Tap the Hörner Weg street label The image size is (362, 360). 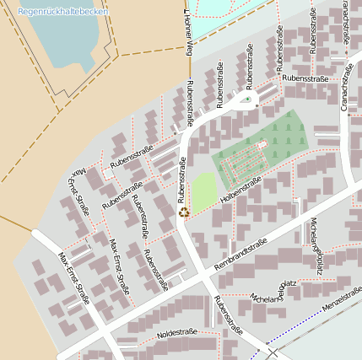186,31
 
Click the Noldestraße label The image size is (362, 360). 176,333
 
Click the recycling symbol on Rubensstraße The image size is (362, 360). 183,212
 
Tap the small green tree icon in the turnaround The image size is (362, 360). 246,100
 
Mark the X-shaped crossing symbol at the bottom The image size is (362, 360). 272,352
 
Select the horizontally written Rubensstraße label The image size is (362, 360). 305,78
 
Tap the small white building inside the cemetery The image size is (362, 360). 262,145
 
